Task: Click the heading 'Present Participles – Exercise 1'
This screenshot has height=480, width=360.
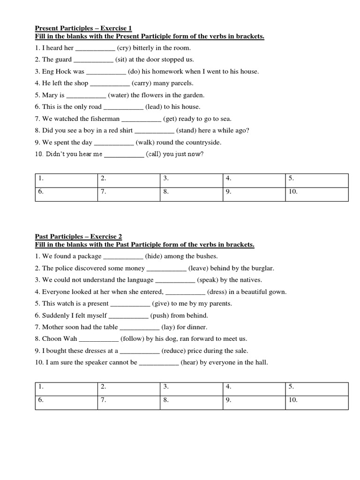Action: pyautogui.click(x=83, y=28)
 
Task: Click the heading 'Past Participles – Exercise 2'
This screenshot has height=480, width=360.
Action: pyautogui.click(x=78, y=237)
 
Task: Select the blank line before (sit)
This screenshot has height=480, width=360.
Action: pyautogui.click(x=93, y=60)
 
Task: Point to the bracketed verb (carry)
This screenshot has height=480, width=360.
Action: pyautogui.click(x=142, y=83)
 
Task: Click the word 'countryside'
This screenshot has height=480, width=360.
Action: pyautogui.click(x=202, y=142)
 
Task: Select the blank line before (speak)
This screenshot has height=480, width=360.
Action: pyautogui.click(x=175, y=281)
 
